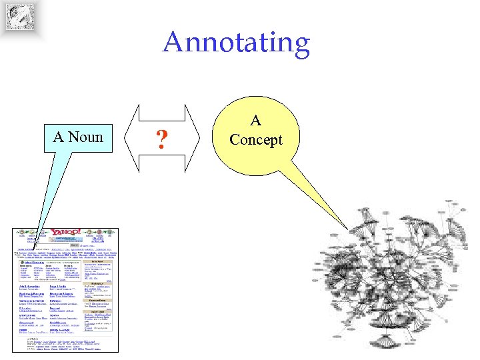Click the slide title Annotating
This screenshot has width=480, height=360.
tap(237, 42)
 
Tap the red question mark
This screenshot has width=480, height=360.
tap(160, 139)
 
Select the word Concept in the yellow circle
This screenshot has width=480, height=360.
tap(255, 140)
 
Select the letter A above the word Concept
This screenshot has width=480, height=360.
tap(255, 121)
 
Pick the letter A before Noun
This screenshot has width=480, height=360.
tap(58, 137)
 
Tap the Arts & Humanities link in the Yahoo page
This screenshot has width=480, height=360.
tap(30, 285)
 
